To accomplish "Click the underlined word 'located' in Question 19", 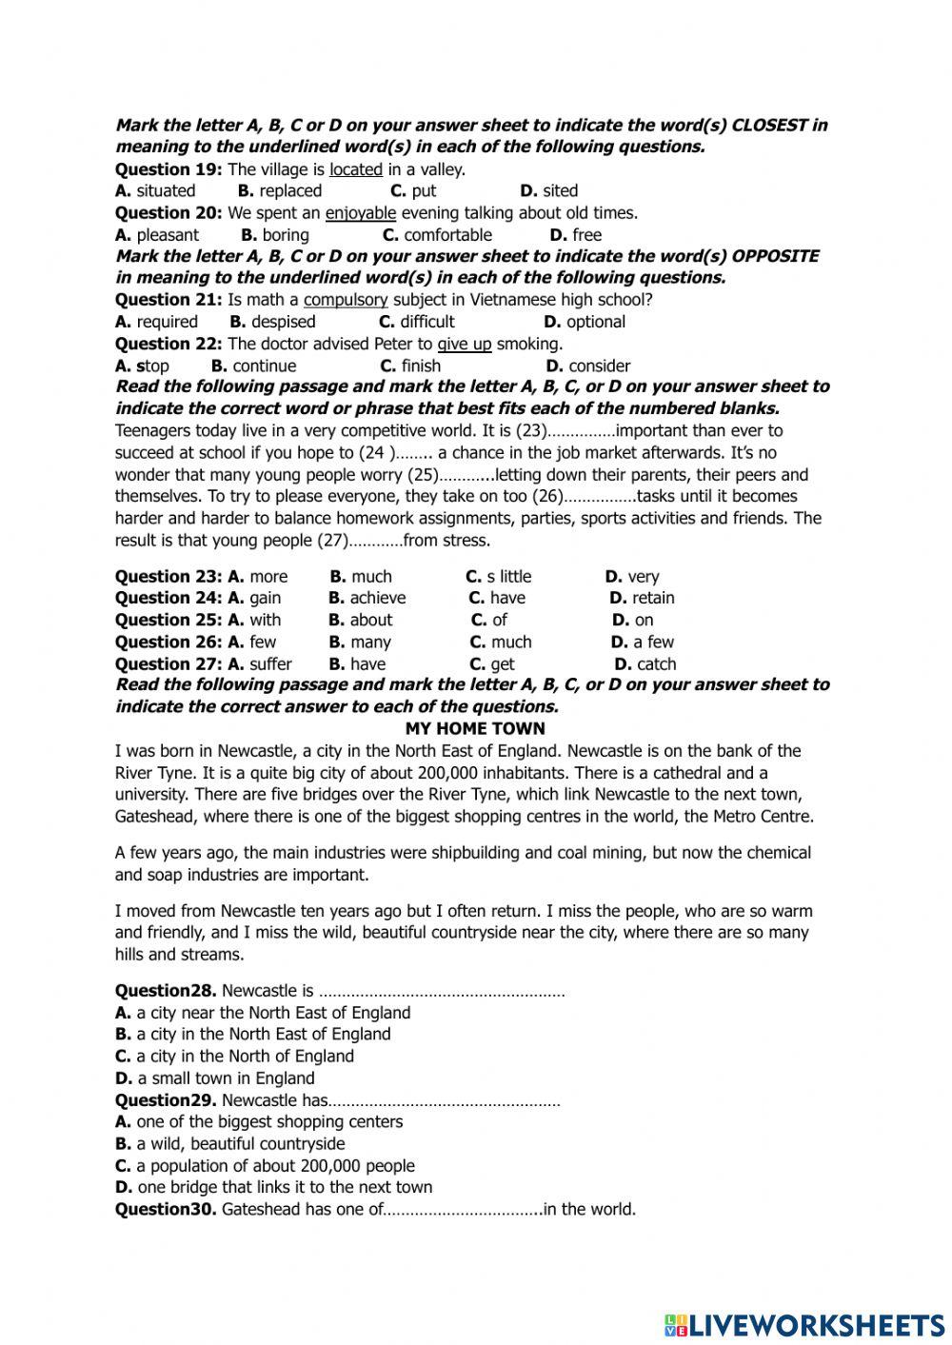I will pyautogui.click(x=356, y=169).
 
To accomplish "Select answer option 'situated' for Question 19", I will pyautogui.click(x=165, y=190).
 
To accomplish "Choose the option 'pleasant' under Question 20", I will pyautogui.click(x=168, y=235).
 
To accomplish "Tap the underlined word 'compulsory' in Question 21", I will pyautogui.click(x=346, y=300).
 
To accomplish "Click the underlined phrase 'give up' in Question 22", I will pyautogui.click(x=465, y=344).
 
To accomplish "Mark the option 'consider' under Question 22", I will pyautogui.click(x=599, y=366).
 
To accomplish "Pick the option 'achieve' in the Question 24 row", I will pyautogui.click(x=377, y=598).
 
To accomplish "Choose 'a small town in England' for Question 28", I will pyautogui.click(x=225, y=1078).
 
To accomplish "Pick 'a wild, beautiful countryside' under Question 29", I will pyautogui.click(x=240, y=1144).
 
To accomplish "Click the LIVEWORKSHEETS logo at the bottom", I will pyautogui.click(x=804, y=1325).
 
